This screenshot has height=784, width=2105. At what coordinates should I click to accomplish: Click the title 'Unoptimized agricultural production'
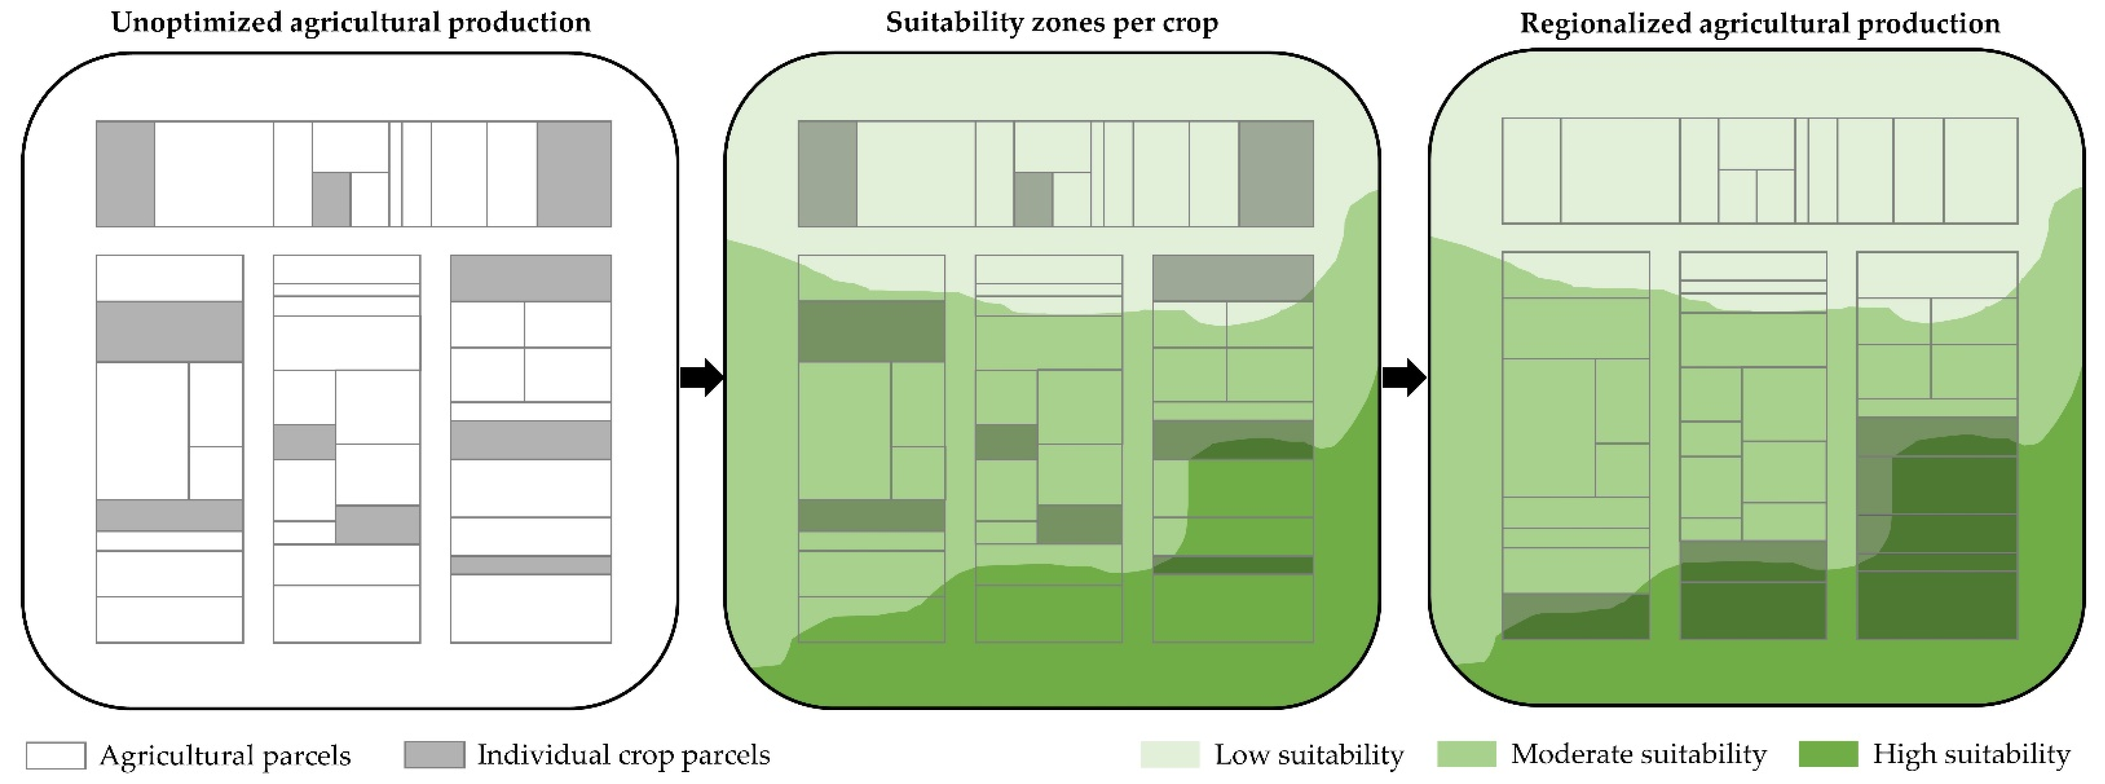tap(350, 22)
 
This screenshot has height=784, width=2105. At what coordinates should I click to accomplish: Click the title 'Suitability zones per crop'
tap(1052, 22)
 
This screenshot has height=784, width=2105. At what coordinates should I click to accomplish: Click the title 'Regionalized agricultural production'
tap(1759, 23)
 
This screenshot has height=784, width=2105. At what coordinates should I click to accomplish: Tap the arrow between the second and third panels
tap(1404, 377)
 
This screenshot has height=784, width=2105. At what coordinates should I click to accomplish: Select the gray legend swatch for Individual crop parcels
tap(434, 755)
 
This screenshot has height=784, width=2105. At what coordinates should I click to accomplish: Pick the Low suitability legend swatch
tap(1169, 754)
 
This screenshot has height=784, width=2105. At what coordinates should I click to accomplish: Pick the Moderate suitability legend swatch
tap(1466, 754)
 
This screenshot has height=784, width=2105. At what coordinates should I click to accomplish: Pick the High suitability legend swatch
tap(1828, 754)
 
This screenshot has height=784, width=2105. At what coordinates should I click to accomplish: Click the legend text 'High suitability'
tap(1971, 754)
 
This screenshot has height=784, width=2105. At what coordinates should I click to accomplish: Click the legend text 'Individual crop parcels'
tap(624, 755)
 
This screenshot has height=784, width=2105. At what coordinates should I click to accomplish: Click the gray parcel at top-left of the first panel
tap(125, 173)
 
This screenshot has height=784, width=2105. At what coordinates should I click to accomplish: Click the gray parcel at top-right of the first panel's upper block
tap(574, 173)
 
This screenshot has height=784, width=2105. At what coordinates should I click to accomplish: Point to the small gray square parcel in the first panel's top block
tap(331, 199)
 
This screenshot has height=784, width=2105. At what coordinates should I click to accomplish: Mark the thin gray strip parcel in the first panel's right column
tap(530, 565)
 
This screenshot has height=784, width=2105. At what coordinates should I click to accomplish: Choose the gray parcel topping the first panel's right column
tap(530, 278)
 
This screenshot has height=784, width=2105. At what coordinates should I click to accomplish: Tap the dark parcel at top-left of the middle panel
tap(827, 173)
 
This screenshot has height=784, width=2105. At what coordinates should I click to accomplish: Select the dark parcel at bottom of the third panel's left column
tap(1575, 616)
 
